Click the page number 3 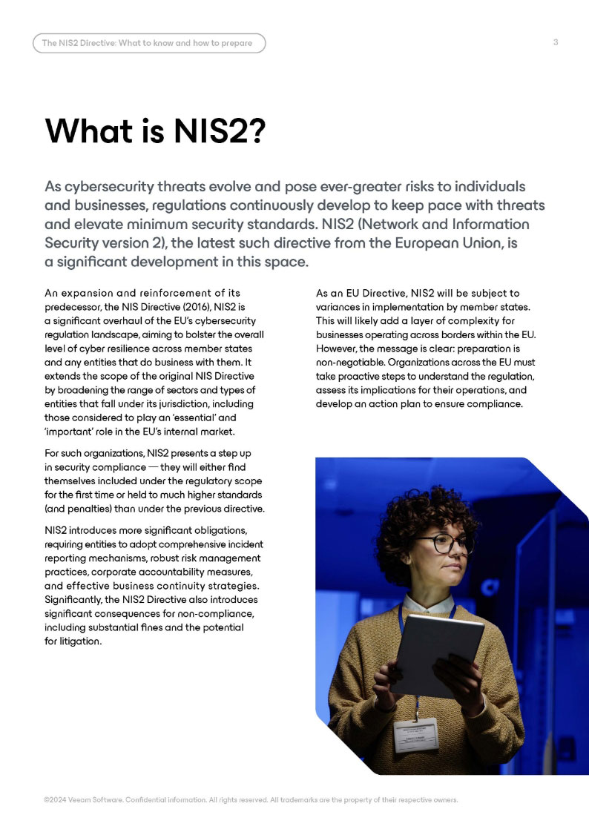point(556,42)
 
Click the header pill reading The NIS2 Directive point(148,43)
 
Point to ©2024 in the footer point(56,800)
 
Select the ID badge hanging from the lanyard point(415,734)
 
